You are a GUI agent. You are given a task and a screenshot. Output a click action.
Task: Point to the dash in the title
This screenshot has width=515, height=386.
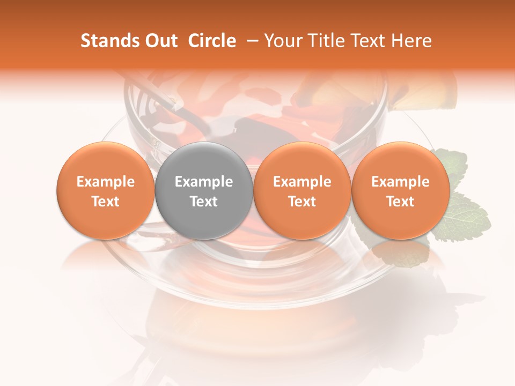[x=251, y=41]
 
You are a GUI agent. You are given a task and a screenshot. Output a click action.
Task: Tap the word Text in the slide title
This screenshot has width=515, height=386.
[x=370, y=41]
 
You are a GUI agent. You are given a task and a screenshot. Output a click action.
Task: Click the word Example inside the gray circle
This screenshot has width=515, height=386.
[x=204, y=182]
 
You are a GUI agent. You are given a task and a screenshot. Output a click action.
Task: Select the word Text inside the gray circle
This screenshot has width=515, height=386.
[x=204, y=202]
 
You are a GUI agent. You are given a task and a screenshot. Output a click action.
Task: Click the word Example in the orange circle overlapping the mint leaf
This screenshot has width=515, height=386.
[x=400, y=182]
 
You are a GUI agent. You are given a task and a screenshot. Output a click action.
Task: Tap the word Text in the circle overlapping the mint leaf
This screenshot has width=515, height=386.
[x=400, y=202]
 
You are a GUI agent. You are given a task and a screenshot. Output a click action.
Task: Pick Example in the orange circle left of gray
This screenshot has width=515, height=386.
[x=105, y=182]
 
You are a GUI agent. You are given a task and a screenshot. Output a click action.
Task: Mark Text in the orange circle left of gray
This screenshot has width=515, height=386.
[x=105, y=202]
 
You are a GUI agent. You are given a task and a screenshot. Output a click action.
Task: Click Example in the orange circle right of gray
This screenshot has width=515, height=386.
[x=302, y=182]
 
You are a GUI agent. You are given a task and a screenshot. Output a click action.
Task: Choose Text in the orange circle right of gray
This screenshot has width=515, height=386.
[x=302, y=202]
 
